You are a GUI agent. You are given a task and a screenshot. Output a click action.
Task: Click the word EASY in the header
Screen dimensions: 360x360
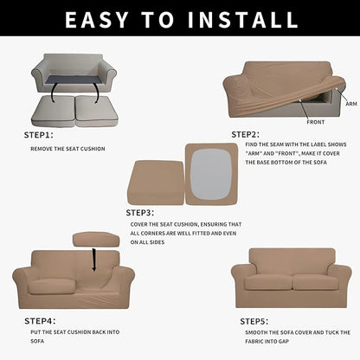(101, 19)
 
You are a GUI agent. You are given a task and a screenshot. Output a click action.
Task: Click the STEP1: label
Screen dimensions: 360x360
(38, 135)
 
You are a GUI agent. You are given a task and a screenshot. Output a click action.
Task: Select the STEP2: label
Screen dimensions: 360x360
(245, 134)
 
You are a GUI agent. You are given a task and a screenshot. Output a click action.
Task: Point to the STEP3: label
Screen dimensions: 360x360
(139, 211)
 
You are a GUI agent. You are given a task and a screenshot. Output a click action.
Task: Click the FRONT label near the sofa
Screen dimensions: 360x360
(316, 122)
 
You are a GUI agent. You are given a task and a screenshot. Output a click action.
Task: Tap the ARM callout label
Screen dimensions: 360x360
(350, 103)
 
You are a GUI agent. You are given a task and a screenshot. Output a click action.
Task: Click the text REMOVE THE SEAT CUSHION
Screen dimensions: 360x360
(67, 149)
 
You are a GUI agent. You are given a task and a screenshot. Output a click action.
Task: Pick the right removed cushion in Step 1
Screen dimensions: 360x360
(96, 108)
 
